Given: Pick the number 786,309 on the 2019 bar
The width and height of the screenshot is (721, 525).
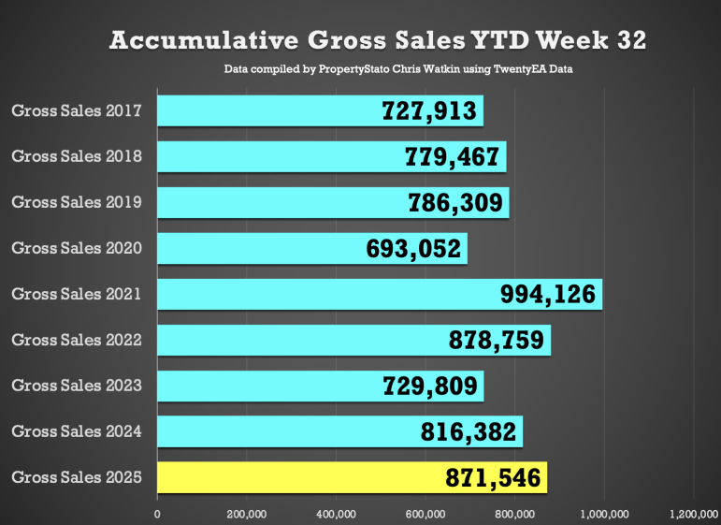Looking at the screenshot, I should pos(456,202).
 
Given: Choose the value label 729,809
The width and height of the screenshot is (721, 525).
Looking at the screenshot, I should pos(431,386).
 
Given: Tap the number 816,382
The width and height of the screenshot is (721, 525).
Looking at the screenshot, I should pos(469,431).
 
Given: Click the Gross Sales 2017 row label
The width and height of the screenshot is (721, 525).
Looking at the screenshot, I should pos(77,110).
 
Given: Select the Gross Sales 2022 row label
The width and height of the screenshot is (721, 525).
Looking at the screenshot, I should pos(77,340).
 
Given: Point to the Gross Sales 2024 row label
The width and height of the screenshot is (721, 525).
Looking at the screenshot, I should pos(77,431).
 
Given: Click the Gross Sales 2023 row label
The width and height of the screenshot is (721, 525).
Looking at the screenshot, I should pos(77,386).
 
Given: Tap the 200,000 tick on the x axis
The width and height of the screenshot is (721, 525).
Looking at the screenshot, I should pos(247,513).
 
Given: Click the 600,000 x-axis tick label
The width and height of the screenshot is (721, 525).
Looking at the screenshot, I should pos(425,513).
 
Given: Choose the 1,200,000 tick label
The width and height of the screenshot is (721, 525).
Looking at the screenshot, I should pos(692,513).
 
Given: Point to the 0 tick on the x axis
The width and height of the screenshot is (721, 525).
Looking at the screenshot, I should pos(157,513).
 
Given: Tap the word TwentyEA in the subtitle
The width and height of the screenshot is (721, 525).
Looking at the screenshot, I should pos(506,70).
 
